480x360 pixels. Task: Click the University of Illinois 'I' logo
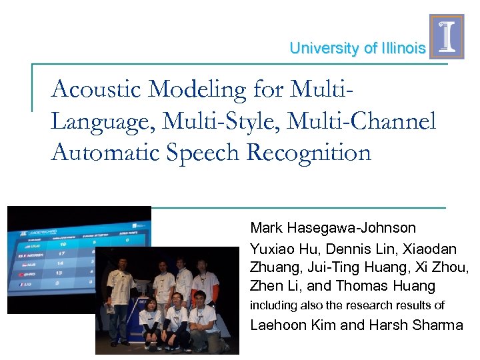tap(447, 37)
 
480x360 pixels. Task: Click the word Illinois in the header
tap(403, 49)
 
